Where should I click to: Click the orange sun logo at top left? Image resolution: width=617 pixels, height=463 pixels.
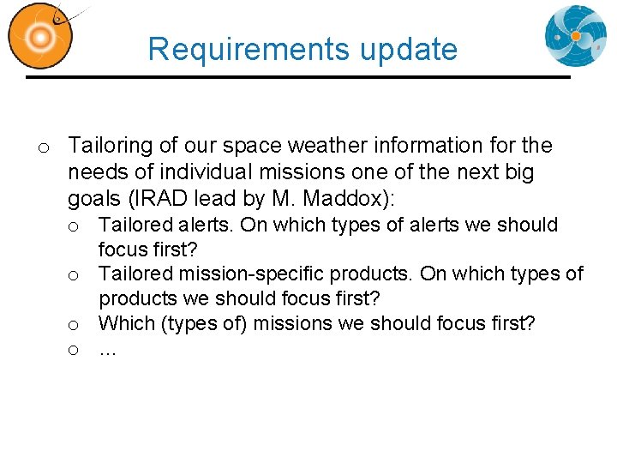(x=39, y=36)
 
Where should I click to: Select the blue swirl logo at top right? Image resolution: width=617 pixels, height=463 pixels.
(x=575, y=36)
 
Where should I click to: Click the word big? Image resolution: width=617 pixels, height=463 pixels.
(x=518, y=172)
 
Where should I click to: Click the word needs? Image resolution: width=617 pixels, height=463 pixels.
(x=93, y=172)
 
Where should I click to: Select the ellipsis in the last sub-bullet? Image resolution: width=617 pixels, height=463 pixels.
(x=107, y=350)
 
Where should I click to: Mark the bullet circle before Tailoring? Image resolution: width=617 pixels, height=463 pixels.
(x=43, y=148)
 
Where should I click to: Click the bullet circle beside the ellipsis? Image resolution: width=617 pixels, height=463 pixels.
(x=75, y=350)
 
